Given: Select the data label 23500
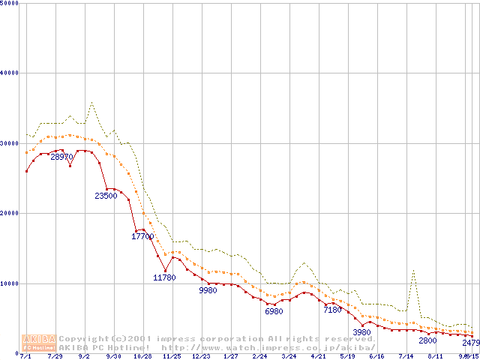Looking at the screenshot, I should point(106,196).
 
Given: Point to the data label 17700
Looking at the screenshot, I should point(142,237).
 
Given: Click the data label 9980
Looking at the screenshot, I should point(208,290).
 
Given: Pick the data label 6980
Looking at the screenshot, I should point(274,311).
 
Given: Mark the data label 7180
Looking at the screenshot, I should point(332,310).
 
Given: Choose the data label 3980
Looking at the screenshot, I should point(362,332).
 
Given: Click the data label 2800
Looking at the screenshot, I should point(427,341).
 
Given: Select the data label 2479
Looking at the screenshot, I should point(470,343).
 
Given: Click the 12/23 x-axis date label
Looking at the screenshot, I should point(201,357).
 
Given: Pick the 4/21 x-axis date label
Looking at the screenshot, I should point(318,357).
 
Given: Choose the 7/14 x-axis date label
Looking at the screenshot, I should point(406,357).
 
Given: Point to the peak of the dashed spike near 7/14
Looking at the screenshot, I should point(413,270).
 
